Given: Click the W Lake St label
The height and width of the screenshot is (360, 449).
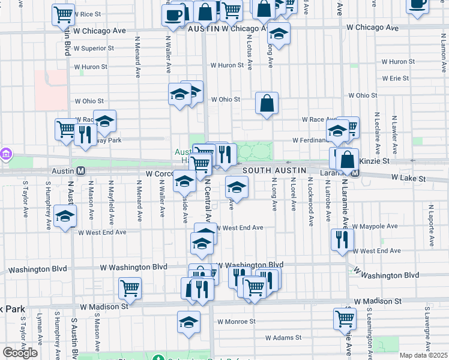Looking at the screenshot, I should (408, 178).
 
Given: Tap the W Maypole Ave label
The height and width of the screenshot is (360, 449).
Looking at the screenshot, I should (375, 227).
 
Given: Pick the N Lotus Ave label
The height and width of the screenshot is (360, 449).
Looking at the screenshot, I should (249, 50).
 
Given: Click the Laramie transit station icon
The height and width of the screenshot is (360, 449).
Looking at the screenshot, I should (355, 173).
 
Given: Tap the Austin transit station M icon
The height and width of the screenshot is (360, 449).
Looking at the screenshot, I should (80, 170).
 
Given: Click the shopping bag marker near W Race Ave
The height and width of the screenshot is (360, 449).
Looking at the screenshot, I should (267, 103).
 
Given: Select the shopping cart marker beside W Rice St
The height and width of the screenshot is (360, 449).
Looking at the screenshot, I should (62, 14).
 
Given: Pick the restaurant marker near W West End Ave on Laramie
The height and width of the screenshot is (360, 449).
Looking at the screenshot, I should (342, 240).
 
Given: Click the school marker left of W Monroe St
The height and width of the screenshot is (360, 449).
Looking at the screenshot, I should (188, 322).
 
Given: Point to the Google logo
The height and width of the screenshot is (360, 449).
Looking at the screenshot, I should (20, 353).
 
